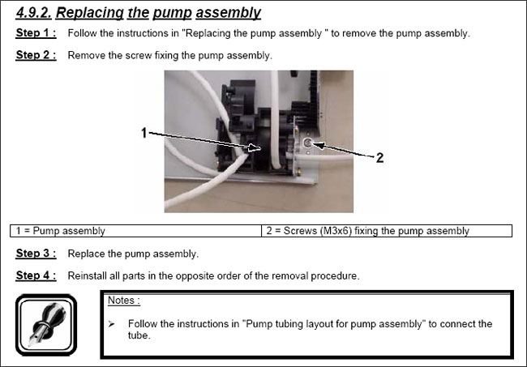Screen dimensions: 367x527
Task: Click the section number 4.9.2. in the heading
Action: click(x=32, y=12)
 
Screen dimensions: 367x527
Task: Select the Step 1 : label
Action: click(x=36, y=34)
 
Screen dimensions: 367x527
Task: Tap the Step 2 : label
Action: click(x=36, y=56)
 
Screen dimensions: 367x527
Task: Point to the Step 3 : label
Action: click(x=36, y=254)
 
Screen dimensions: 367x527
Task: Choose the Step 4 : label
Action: click(x=36, y=275)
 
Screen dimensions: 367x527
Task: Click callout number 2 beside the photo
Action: click(x=379, y=159)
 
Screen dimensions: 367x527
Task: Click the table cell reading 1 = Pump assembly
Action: click(x=136, y=231)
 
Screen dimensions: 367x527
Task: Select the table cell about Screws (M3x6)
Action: click(x=387, y=231)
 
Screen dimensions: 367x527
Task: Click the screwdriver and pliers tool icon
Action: click(x=46, y=322)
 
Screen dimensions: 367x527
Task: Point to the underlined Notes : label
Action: click(x=123, y=301)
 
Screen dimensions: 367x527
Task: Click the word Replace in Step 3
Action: click(x=87, y=254)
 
